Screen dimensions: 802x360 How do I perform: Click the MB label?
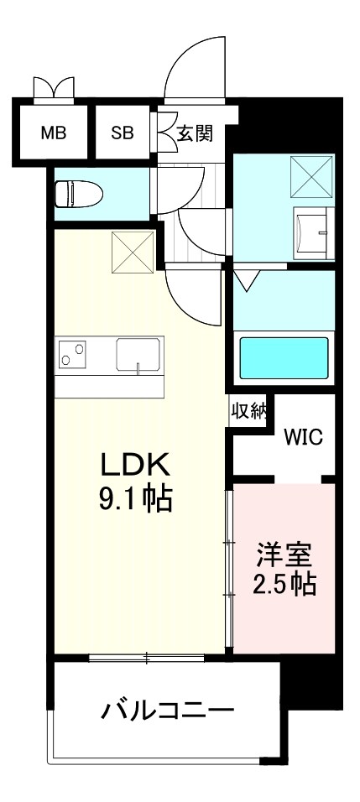[x=54, y=132]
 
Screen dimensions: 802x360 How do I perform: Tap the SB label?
[x=123, y=132]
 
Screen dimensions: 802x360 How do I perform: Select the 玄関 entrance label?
[x=194, y=132]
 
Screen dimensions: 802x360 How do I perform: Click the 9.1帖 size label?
[x=136, y=500]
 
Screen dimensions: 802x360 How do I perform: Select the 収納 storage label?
[x=249, y=411]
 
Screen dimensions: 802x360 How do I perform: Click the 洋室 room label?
[x=285, y=555]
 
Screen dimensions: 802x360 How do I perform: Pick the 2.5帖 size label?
[x=285, y=585]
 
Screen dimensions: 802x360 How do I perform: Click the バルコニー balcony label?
[x=167, y=712]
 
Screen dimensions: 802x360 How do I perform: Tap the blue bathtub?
[x=284, y=358]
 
